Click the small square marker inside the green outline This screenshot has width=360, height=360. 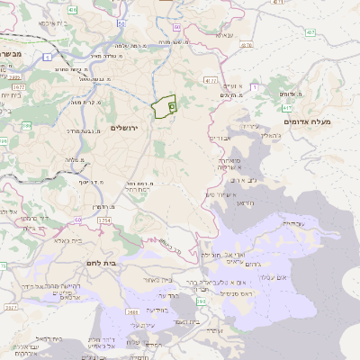[171, 106]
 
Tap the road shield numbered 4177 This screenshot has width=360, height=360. [211, 81]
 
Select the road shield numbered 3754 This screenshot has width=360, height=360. [103, 220]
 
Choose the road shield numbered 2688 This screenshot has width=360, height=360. [133, 312]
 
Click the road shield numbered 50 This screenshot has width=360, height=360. [79, 219]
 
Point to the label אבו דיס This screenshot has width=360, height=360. [221, 139]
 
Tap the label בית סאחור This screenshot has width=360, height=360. [157, 279]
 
